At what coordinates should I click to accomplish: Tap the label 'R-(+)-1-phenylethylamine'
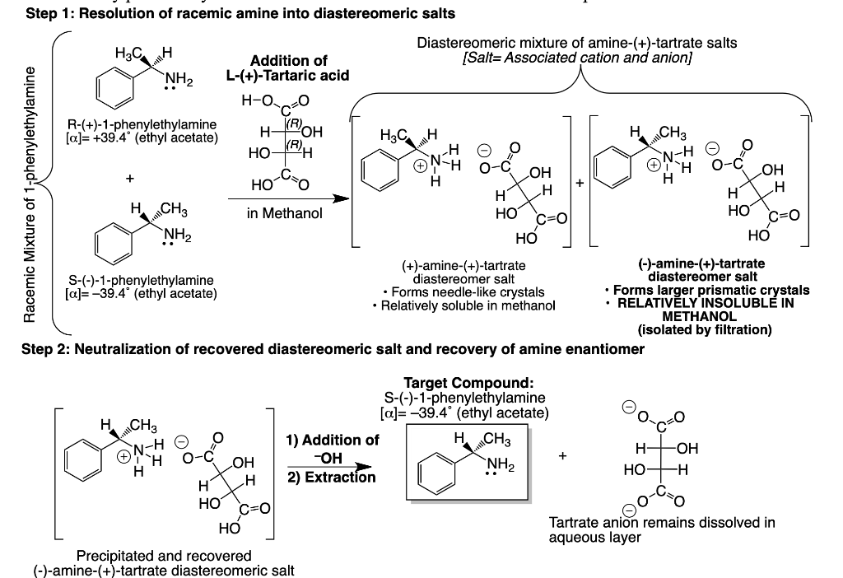[x=142, y=125]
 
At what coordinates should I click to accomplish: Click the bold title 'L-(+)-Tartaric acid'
[x=288, y=75]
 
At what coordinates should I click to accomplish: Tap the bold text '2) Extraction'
[x=333, y=477]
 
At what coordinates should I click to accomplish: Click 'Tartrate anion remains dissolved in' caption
[x=661, y=523]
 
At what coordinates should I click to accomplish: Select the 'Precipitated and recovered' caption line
[x=164, y=556]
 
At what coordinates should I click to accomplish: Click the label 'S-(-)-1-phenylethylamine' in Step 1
[x=142, y=281]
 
